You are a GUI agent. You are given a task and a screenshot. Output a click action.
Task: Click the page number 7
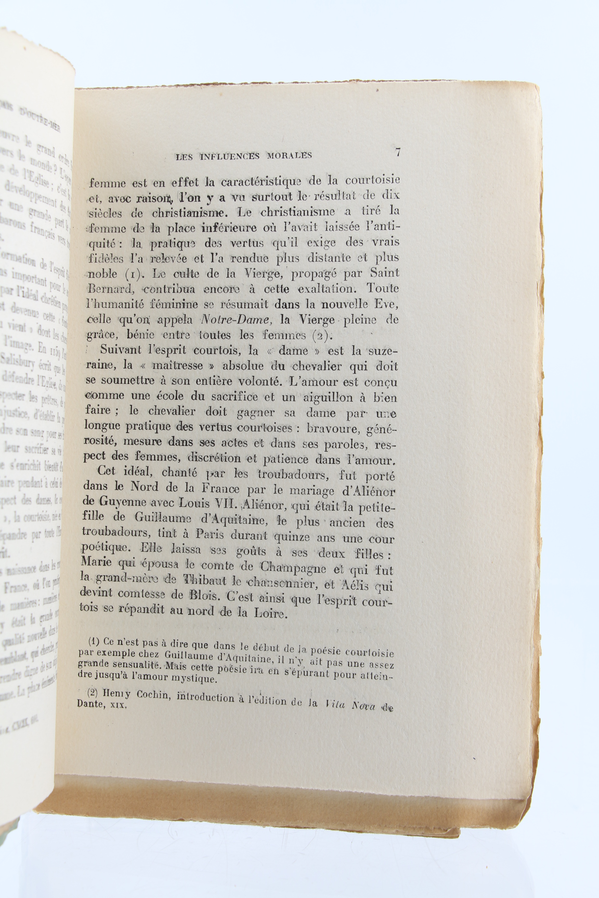[398, 152]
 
